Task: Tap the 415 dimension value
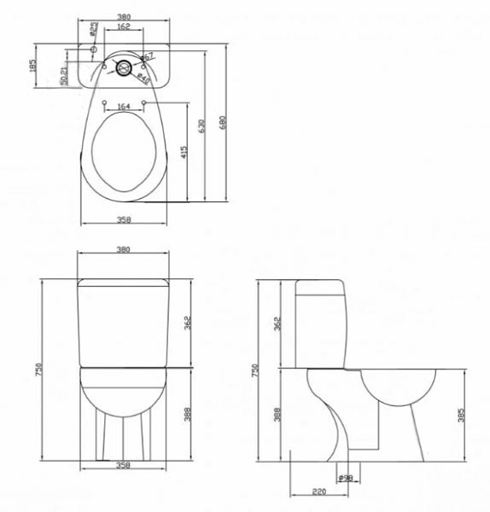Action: pos(184,154)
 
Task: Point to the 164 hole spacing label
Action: pos(124,107)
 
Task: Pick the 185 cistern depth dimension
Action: pos(32,67)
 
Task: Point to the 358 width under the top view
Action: pos(124,219)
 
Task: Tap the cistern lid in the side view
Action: pos(321,282)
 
